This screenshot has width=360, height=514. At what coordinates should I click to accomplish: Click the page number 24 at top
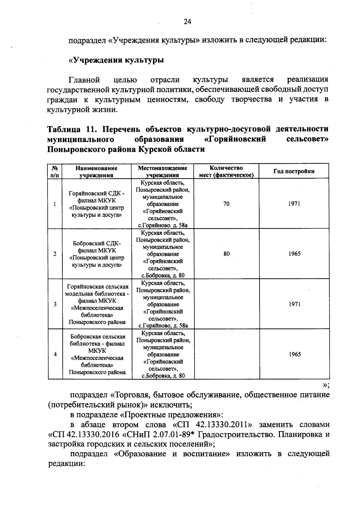click(187, 22)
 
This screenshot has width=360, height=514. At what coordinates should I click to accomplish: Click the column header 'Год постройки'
click(294, 171)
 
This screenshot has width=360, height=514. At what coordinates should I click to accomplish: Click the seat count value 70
click(226, 204)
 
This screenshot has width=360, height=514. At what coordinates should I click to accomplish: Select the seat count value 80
click(226, 254)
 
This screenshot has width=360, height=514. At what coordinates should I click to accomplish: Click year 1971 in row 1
click(294, 204)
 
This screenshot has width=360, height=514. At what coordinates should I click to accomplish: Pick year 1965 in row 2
click(294, 254)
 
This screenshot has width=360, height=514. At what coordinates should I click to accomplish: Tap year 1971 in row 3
click(294, 304)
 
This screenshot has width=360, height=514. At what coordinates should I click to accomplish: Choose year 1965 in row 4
click(294, 354)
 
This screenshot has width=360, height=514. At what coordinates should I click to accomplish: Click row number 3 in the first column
click(55, 304)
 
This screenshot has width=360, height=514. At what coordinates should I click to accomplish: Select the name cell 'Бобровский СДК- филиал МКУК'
click(97, 254)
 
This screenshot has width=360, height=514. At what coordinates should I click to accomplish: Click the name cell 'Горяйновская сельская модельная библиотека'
click(97, 304)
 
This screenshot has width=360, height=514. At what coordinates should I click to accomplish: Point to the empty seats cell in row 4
click(226, 354)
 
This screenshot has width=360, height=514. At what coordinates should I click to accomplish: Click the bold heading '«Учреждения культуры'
click(116, 60)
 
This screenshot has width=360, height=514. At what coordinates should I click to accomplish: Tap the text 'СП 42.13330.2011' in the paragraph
click(216, 425)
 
